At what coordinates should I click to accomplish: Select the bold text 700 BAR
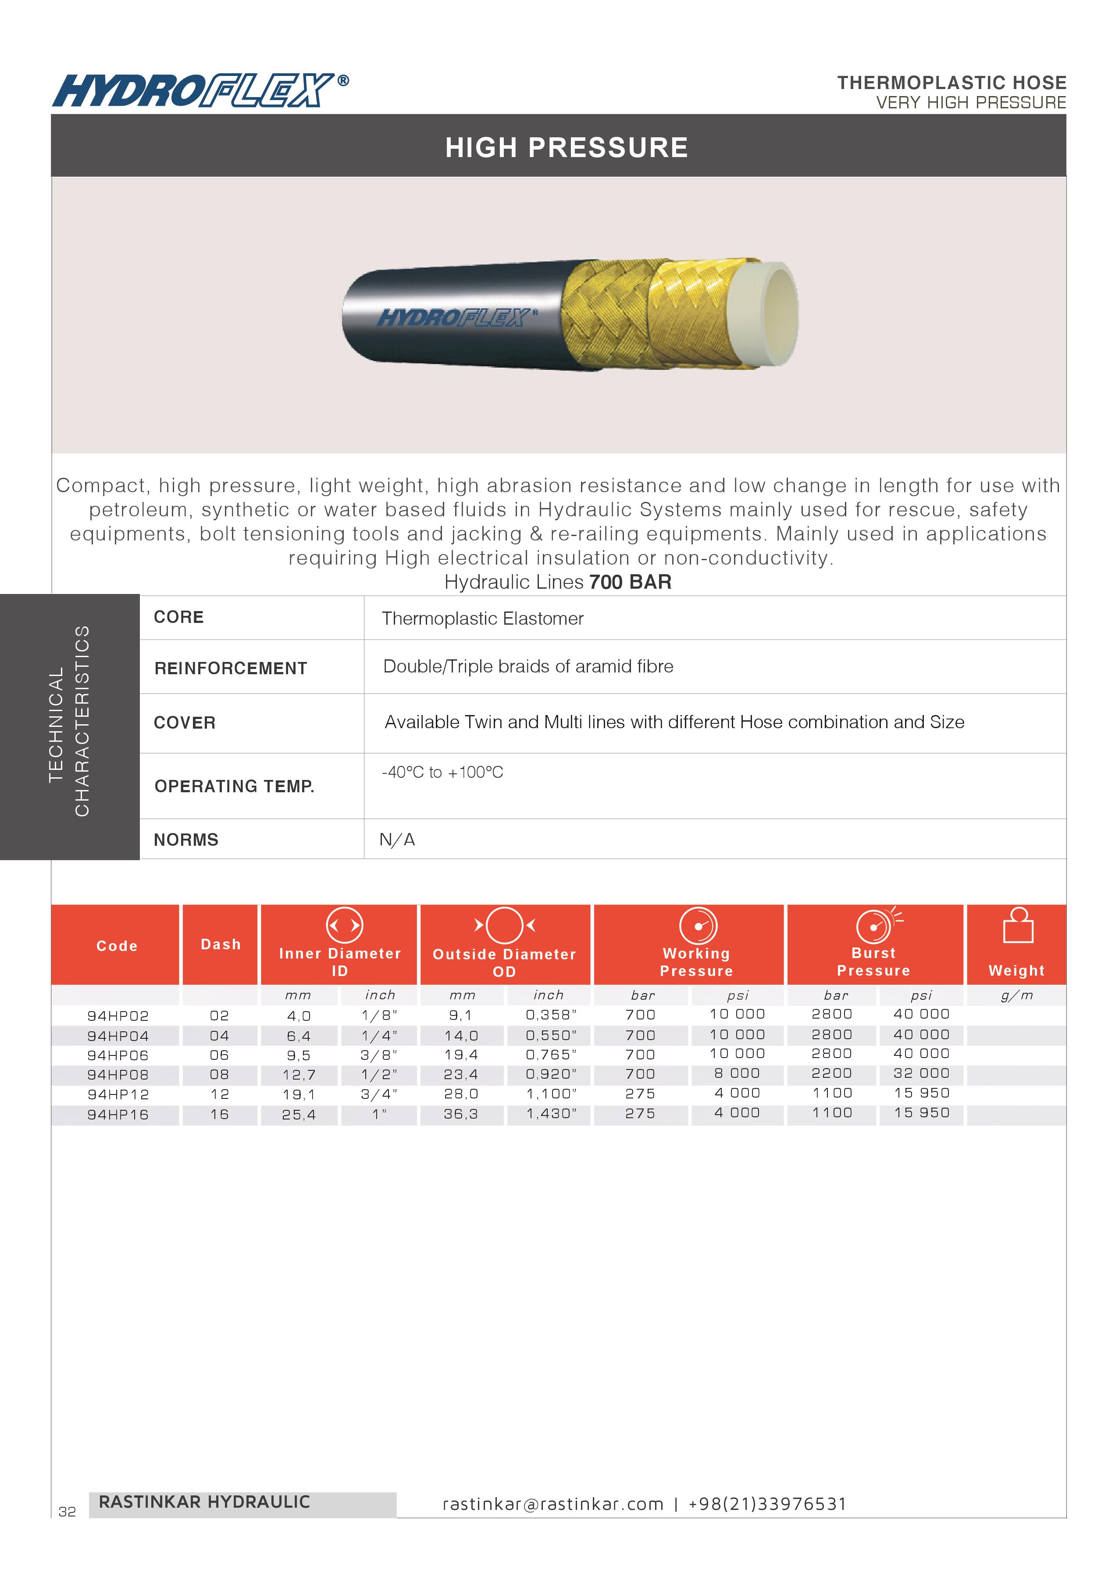(630, 583)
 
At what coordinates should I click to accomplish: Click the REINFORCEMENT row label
(230, 669)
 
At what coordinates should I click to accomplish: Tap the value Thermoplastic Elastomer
(482, 619)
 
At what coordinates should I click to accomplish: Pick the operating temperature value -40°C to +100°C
(442, 772)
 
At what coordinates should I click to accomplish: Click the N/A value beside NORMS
(397, 840)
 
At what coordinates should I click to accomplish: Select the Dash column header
(221, 944)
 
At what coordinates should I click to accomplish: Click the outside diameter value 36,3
(460, 1114)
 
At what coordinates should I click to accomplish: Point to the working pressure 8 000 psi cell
(737, 1074)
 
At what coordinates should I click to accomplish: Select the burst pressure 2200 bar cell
(832, 1074)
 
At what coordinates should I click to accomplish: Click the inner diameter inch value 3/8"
(379, 1055)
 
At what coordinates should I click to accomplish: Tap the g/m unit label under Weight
(1016, 995)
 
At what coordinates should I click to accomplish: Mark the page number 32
(67, 1512)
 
